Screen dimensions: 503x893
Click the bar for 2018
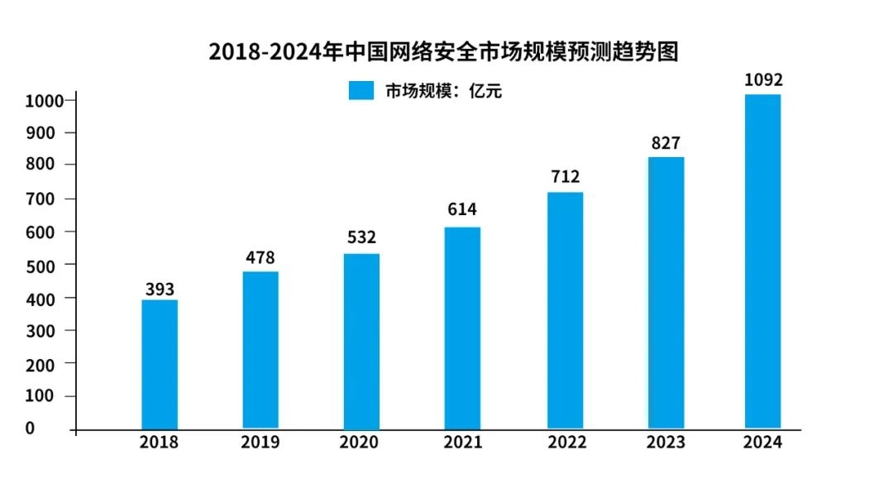tap(160, 364)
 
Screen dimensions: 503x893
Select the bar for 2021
tap(462, 328)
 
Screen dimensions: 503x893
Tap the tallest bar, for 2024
tap(762, 261)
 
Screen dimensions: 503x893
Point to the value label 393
tap(159, 290)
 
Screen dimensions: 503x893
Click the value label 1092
tap(762, 80)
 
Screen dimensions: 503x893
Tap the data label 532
tap(361, 238)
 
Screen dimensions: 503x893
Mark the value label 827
tap(666, 143)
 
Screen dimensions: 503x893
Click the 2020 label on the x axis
tap(359, 443)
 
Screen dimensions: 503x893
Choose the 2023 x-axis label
tap(666, 443)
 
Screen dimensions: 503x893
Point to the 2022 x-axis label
tap(566, 443)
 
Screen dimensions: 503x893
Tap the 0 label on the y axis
tap(30, 428)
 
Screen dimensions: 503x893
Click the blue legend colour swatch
tap(362, 91)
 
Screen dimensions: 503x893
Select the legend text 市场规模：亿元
tap(443, 91)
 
